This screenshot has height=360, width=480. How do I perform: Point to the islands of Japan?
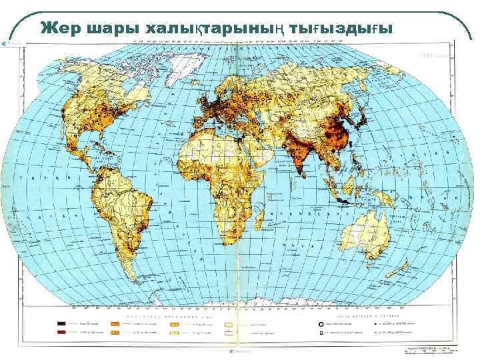363,120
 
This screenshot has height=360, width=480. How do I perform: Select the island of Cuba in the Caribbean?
109,149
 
